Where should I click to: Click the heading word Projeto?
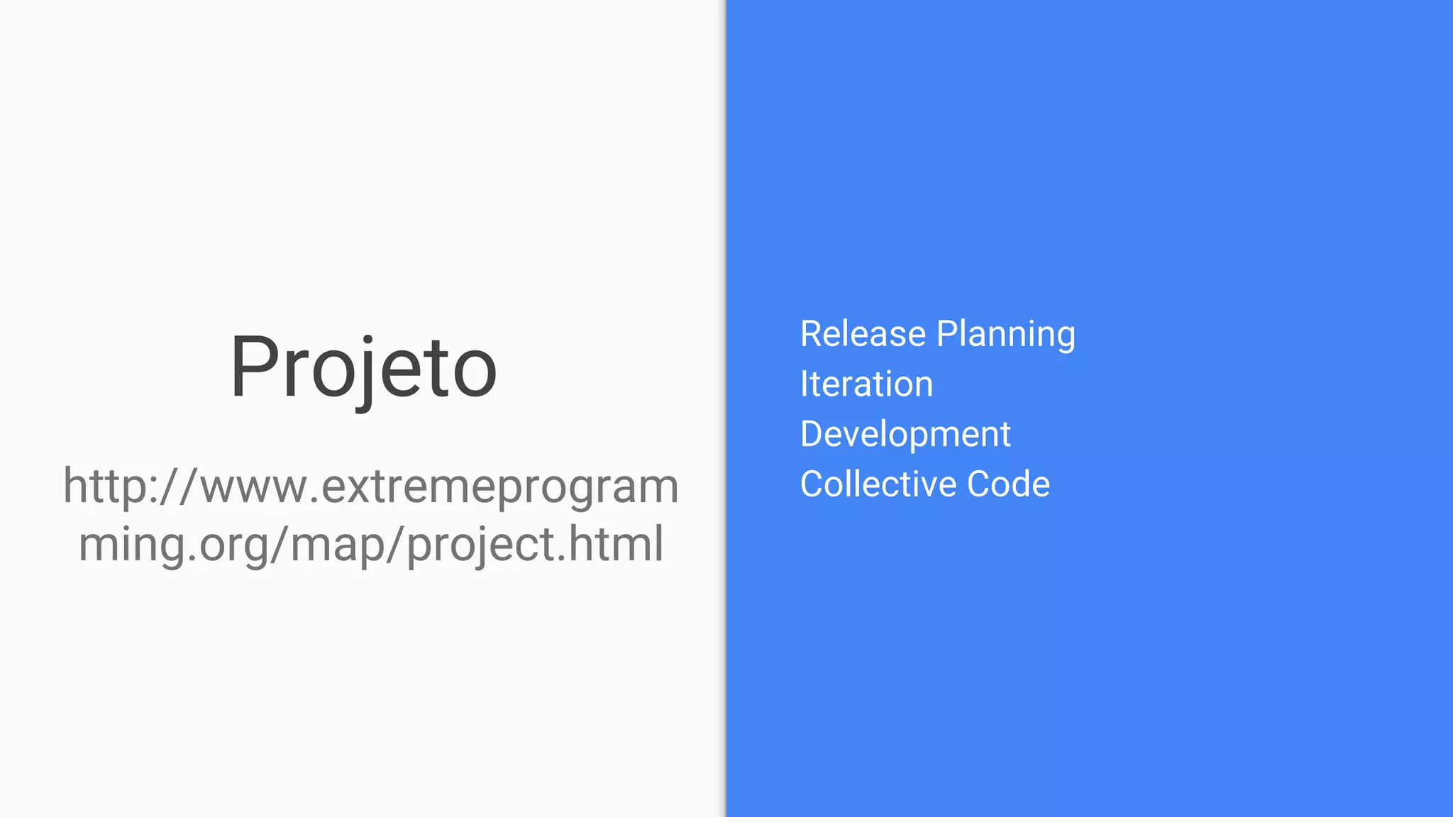point(363,369)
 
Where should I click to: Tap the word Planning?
point(1005,335)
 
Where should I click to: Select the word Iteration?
point(866,384)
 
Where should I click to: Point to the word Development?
point(905,435)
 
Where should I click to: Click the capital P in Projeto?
point(254,367)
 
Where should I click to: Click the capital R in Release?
point(812,334)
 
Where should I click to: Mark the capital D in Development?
point(813,434)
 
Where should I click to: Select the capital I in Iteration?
point(805,384)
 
